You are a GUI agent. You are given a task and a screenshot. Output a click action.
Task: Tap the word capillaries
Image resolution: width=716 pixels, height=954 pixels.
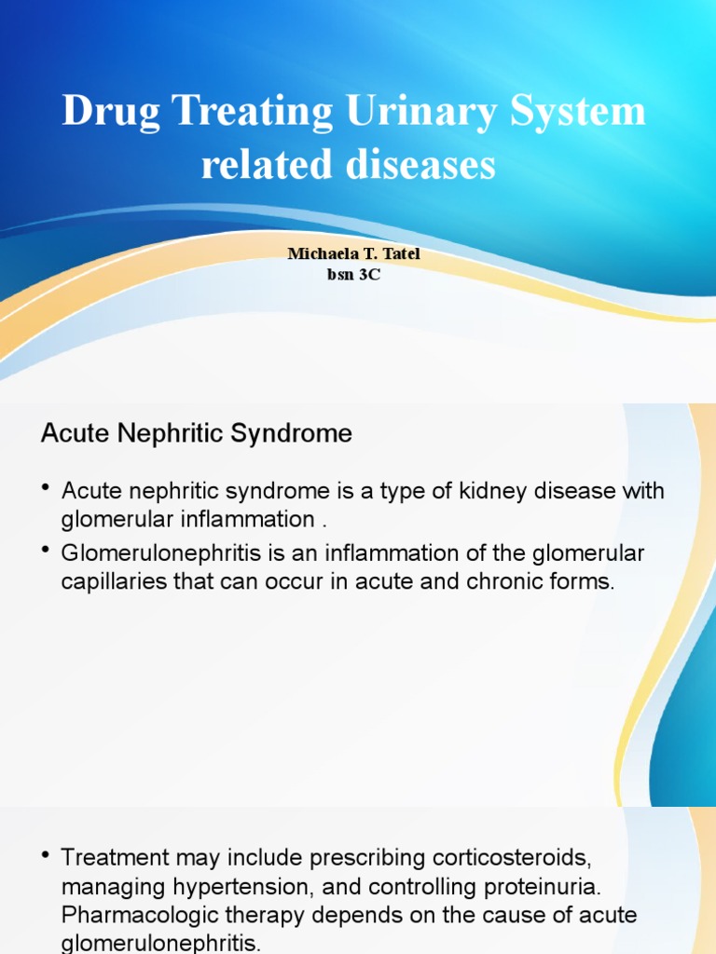click(106, 582)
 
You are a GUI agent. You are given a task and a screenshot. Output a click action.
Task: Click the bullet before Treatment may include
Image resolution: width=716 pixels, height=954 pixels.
click(46, 853)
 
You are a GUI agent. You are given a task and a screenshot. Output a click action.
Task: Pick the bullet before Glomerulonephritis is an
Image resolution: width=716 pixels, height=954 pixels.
click(46, 552)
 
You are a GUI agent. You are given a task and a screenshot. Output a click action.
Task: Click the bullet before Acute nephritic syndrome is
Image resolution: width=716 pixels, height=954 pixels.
click(46, 488)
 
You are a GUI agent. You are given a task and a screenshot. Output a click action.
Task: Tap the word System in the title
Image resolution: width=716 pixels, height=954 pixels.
click(580, 113)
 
